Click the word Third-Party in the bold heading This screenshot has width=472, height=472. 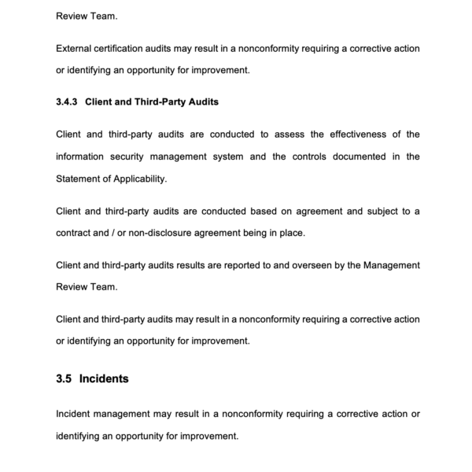[x=160, y=102]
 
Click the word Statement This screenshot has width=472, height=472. [x=79, y=179]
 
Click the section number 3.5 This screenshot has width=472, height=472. [x=65, y=378]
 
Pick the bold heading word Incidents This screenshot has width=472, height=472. [x=104, y=378]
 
